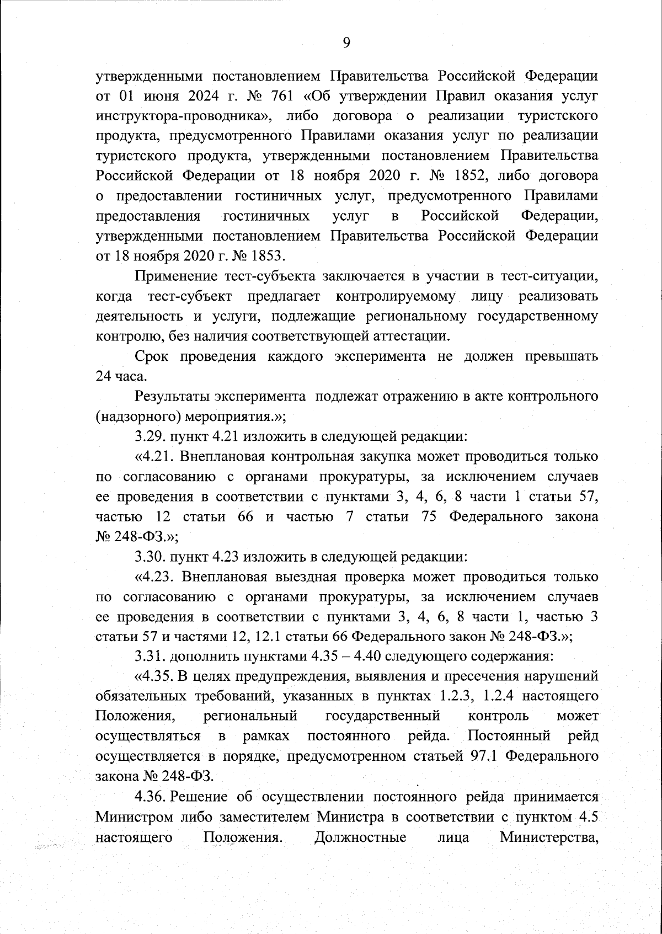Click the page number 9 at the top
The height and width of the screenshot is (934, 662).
(346, 42)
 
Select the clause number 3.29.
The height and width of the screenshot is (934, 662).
(150, 436)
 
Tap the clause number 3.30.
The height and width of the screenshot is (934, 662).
(150, 557)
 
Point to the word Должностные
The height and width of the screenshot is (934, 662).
(360, 837)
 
